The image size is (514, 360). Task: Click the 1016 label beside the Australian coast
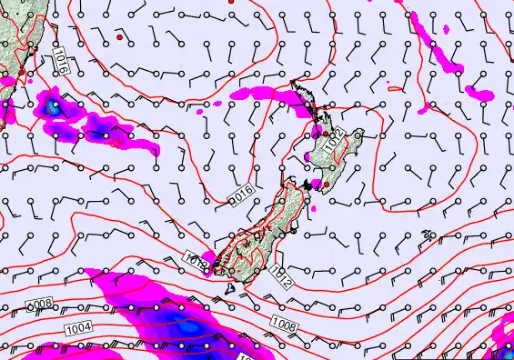tap(60, 62)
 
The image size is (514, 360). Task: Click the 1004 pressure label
tap(79, 326)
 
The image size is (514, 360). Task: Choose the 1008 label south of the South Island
tap(283, 320)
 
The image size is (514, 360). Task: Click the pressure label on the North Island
tap(336, 142)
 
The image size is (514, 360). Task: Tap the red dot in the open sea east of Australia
tap(119, 39)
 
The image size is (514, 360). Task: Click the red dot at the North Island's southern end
tap(326, 185)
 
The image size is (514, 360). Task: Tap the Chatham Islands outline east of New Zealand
tap(428, 235)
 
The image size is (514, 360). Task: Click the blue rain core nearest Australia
tap(55, 105)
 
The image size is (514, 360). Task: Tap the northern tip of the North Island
tap(293, 85)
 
